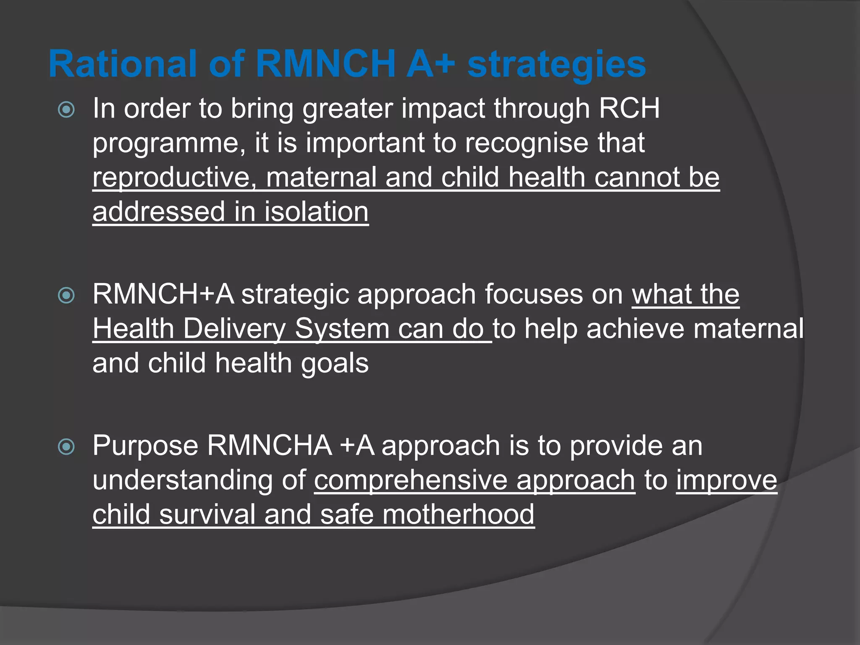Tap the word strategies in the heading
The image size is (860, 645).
[556, 64]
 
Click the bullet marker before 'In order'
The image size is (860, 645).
[66, 110]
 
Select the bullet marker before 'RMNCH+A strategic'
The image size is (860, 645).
[66, 295]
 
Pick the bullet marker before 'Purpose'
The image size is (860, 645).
[66, 447]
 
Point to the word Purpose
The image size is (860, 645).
[145, 446]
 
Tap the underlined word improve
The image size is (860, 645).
[726, 480]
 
